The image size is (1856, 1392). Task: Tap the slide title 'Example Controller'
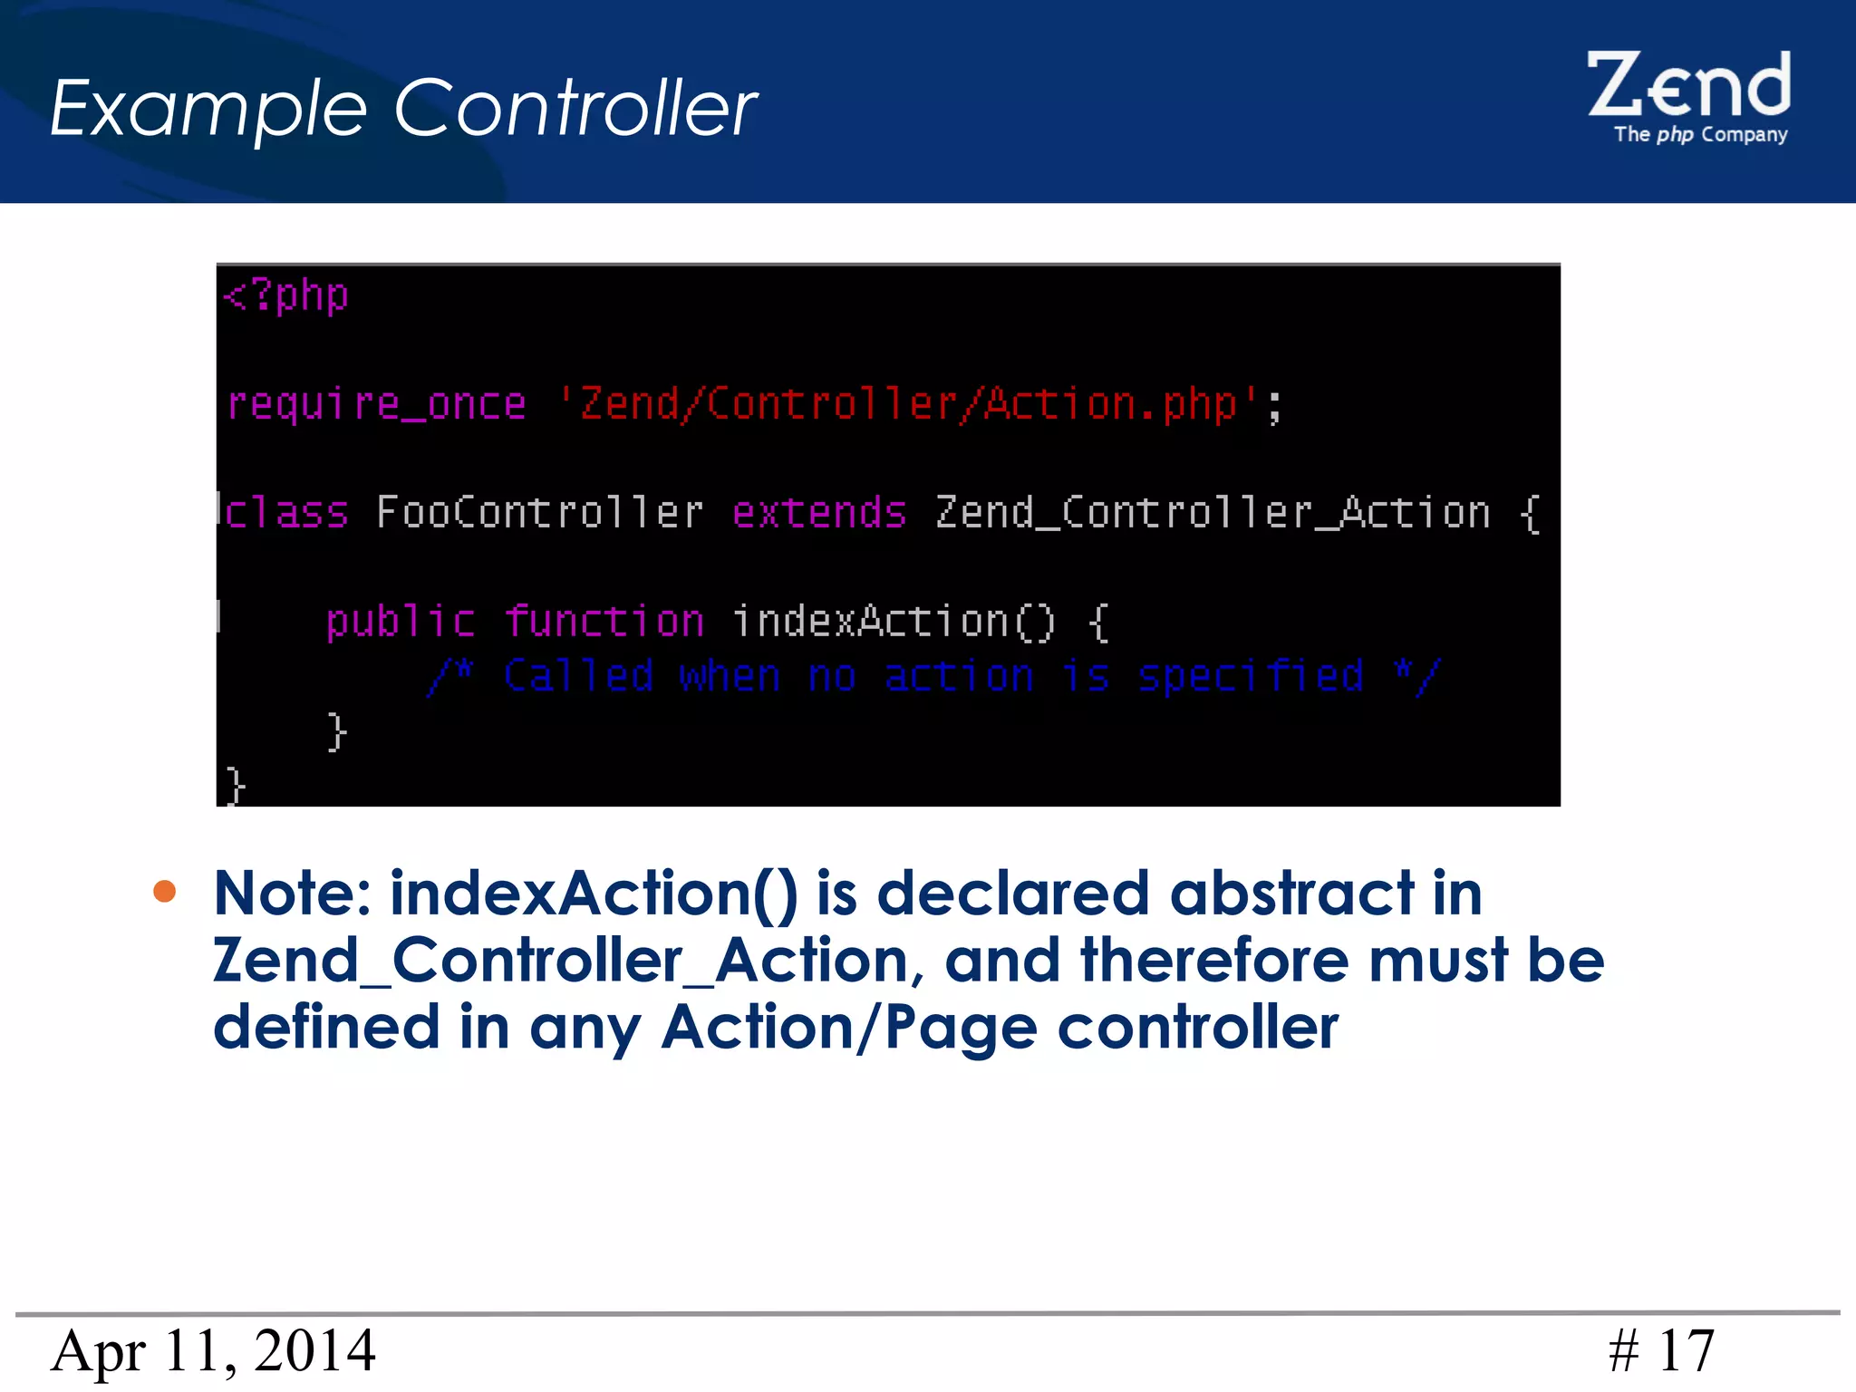403,109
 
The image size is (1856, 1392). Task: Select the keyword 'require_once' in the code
376,404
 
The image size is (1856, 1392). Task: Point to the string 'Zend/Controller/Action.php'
907,403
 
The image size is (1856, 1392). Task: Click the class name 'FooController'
539,513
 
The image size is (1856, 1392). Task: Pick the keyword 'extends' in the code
819,513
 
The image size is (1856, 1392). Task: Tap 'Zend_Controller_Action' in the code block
1213,513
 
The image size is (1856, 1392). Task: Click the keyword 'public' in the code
400,623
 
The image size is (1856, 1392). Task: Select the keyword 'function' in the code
604,623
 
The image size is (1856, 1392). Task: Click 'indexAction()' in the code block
894,623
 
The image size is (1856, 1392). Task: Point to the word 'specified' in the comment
1251,676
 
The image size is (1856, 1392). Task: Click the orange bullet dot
165,892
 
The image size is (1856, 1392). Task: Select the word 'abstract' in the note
1292,894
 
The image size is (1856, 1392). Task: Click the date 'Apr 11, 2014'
213,1351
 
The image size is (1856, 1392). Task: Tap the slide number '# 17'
1661,1351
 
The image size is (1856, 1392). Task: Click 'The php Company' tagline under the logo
1700,135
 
